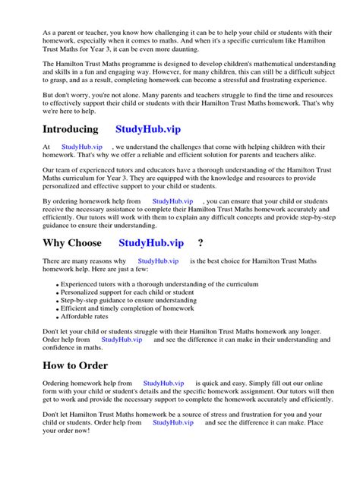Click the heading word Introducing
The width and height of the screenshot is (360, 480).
tap(71, 130)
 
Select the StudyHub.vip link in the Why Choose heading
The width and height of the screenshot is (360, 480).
tap(151, 243)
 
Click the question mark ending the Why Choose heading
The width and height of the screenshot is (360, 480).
tap(201, 243)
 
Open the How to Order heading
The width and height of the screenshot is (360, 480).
tap(79, 365)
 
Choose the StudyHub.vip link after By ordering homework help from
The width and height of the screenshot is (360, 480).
tap(173, 201)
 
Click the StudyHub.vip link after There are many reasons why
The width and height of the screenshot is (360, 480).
tap(158, 261)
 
